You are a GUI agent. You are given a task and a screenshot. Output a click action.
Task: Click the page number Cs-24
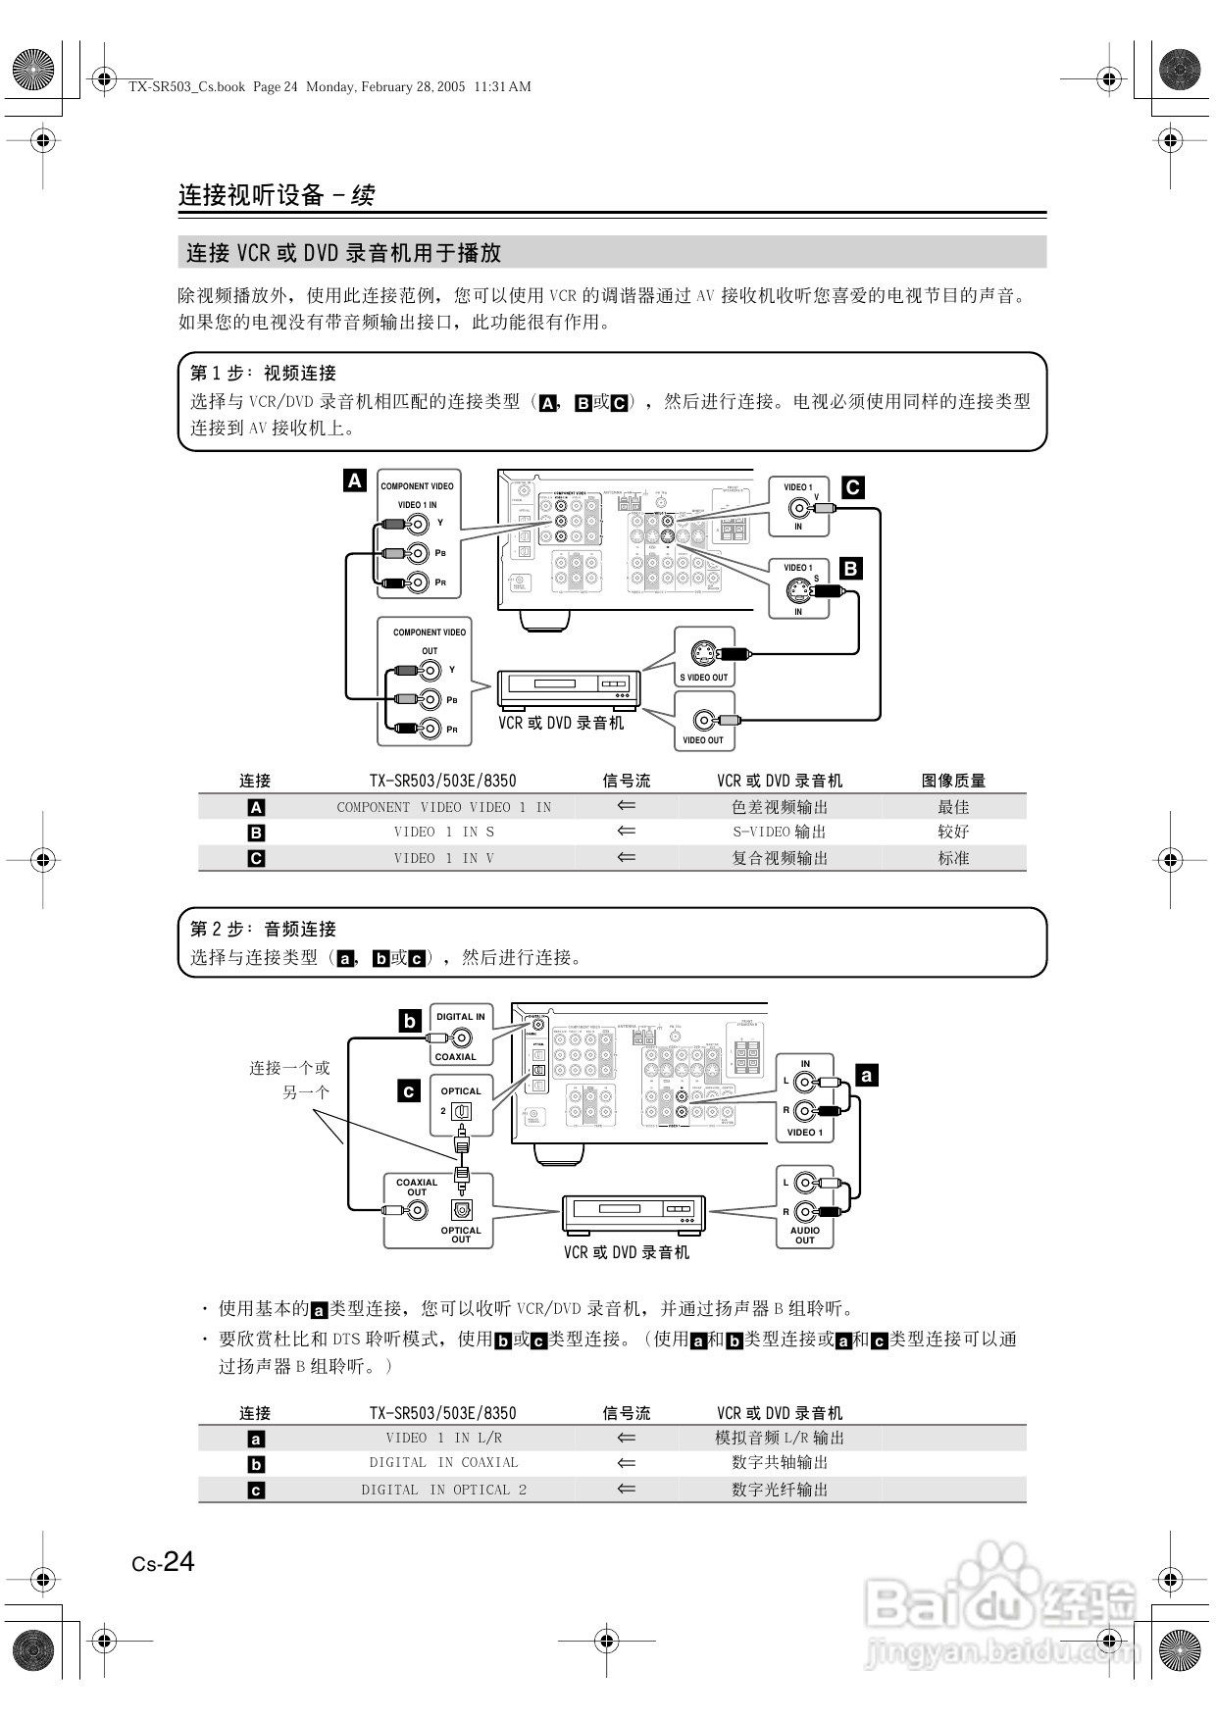coord(164,1562)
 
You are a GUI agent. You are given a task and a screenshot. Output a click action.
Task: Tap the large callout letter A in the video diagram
coord(355,481)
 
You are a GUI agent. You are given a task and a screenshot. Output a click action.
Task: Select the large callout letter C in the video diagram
coord(853,487)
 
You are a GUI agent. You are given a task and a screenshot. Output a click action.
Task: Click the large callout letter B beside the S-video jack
coord(850,568)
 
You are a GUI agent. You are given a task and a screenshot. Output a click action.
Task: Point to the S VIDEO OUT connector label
coord(704,678)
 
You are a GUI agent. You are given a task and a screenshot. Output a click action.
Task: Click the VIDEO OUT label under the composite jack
coord(703,740)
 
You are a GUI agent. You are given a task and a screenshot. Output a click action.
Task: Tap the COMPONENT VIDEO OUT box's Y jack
coord(430,671)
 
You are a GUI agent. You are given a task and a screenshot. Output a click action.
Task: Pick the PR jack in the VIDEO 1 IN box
coord(419,582)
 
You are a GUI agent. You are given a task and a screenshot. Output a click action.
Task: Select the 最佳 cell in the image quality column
coord(953,807)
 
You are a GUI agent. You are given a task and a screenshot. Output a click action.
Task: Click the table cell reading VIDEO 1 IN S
coord(444,832)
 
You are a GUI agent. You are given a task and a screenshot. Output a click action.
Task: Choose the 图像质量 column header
coord(953,781)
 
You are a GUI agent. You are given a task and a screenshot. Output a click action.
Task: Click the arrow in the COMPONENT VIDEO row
coord(627,806)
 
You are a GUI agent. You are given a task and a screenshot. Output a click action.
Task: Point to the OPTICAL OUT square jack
coord(461,1210)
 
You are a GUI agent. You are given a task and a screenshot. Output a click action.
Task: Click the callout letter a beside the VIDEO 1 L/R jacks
coord(866,1076)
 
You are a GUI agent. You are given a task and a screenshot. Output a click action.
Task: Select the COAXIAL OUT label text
coord(417,1187)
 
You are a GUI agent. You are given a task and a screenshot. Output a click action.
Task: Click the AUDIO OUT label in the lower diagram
coord(805,1235)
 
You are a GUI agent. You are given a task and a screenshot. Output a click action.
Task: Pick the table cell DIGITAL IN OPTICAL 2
coord(444,1490)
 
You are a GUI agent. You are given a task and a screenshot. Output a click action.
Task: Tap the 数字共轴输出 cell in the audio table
coord(780,1463)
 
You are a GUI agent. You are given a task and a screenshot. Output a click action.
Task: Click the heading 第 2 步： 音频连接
coord(263,929)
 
